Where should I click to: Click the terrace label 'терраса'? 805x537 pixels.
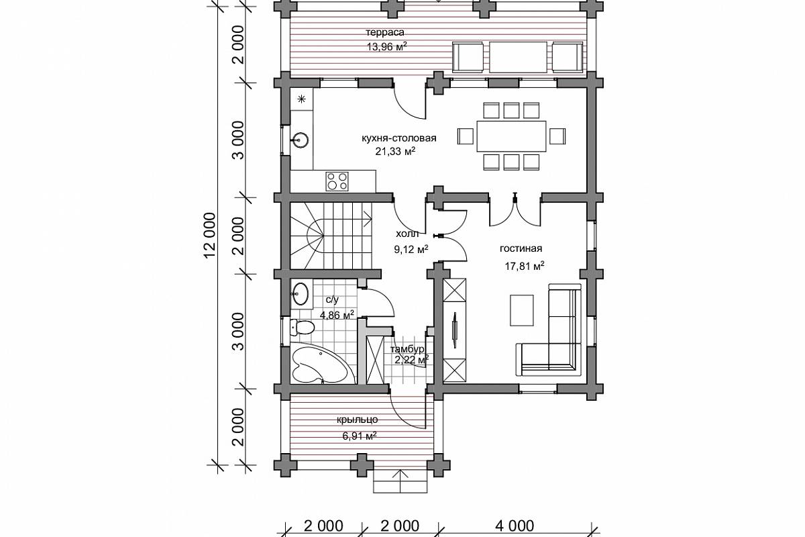click(385, 33)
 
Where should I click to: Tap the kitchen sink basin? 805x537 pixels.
click(301, 140)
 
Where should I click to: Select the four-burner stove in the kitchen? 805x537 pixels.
click(337, 181)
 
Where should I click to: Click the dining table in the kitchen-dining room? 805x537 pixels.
click(511, 136)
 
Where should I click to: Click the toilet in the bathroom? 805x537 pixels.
click(302, 327)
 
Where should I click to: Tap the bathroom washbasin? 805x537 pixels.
click(301, 293)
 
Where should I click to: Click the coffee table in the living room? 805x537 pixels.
click(521, 310)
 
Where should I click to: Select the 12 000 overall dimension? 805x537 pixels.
click(209, 236)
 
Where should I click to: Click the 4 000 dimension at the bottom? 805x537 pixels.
click(515, 526)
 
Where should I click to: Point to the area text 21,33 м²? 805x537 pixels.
click(395, 152)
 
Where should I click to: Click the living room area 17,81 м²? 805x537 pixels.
click(525, 266)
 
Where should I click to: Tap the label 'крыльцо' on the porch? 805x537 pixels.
click(357, 420)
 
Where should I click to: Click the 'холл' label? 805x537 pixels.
click(407, 234)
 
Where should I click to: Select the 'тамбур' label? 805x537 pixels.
click(407, 349)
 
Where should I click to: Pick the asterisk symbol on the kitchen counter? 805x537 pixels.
click(301, 99)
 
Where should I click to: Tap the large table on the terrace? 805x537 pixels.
click(518, 57)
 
